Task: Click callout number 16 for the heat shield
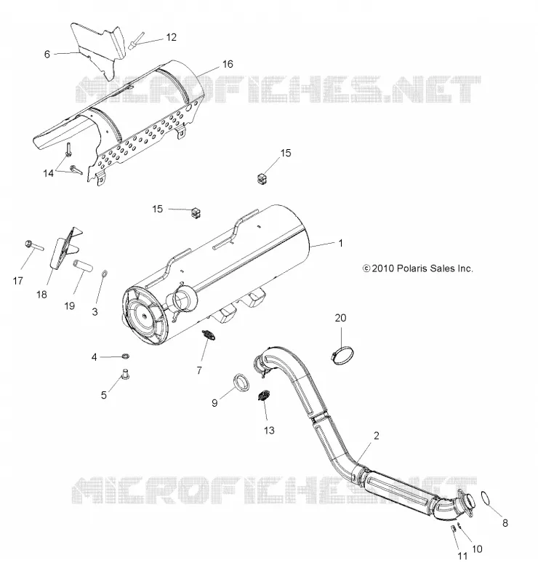(x=228, y=64)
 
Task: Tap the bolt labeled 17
(x=35, y=246)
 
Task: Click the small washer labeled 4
(x=126, y=356)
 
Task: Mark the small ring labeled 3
(x=105, y=275)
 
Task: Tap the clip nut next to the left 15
(x=196, y=212)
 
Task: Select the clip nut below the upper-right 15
(x=262, y=178)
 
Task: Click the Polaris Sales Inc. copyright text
(x=418, y=268)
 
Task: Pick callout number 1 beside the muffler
(x=340, y=243)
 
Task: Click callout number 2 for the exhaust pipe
(x=376, y=435)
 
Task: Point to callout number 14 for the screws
(x=48, y=173)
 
